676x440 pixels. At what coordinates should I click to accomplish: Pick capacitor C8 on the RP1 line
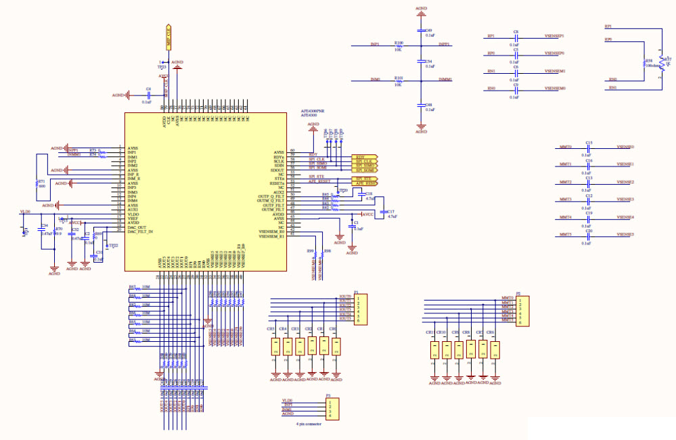coord(516,36)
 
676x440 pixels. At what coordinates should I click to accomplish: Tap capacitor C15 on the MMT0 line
coord(589,147)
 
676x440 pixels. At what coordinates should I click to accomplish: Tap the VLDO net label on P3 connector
coord(287,401)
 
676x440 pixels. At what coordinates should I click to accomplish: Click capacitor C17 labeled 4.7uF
coord(384,212)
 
